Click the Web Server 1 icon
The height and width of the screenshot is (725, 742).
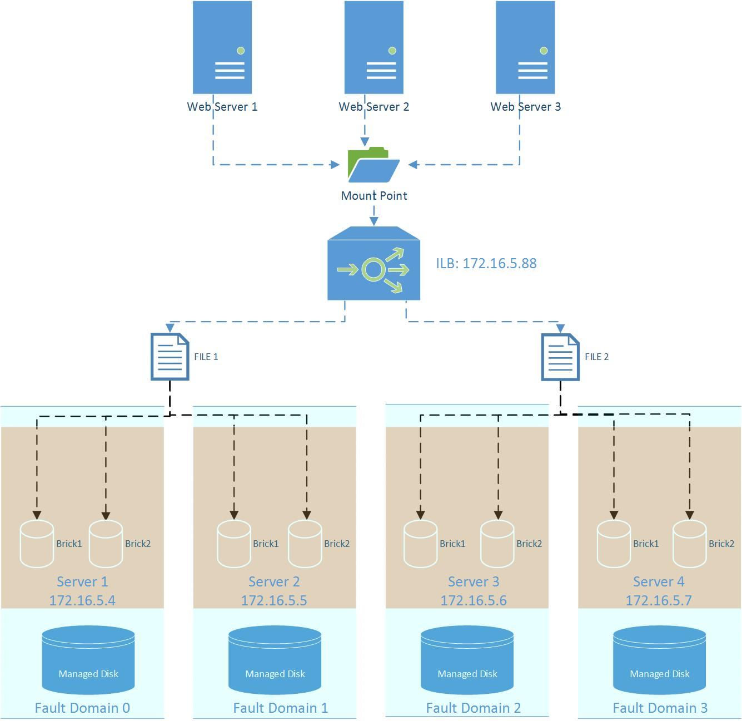pos(222,47)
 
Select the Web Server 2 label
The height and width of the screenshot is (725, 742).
pos(374,107)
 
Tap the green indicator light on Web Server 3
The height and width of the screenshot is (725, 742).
pos(544,51)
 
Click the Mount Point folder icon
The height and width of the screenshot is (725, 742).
pos(374,165)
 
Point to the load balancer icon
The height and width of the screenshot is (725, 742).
pos(374,264)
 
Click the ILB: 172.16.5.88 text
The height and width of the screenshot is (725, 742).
pos(486,264)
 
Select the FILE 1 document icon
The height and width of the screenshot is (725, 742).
pos(170,357)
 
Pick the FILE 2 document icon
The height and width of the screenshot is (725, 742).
pos(560,357)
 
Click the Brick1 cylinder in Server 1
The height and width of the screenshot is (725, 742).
pos(37,544)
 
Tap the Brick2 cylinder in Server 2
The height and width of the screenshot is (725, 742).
pos(305,544)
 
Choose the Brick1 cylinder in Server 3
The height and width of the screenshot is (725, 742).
pos(420,544)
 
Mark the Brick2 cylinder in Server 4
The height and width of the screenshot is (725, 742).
pos(689,544)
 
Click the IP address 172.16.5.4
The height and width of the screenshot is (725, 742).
pos(82,601)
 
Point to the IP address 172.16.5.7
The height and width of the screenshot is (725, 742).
pos(659,601)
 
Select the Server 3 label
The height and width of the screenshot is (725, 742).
pos(474,582)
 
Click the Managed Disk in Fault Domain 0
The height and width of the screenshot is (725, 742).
pos(88,660)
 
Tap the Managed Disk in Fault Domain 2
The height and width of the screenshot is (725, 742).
pos(467,660)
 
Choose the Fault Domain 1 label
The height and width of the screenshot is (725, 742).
pos(281,708)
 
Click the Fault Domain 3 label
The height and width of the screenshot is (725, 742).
pos(660,708)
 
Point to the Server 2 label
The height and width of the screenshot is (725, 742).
pos(274,582)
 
